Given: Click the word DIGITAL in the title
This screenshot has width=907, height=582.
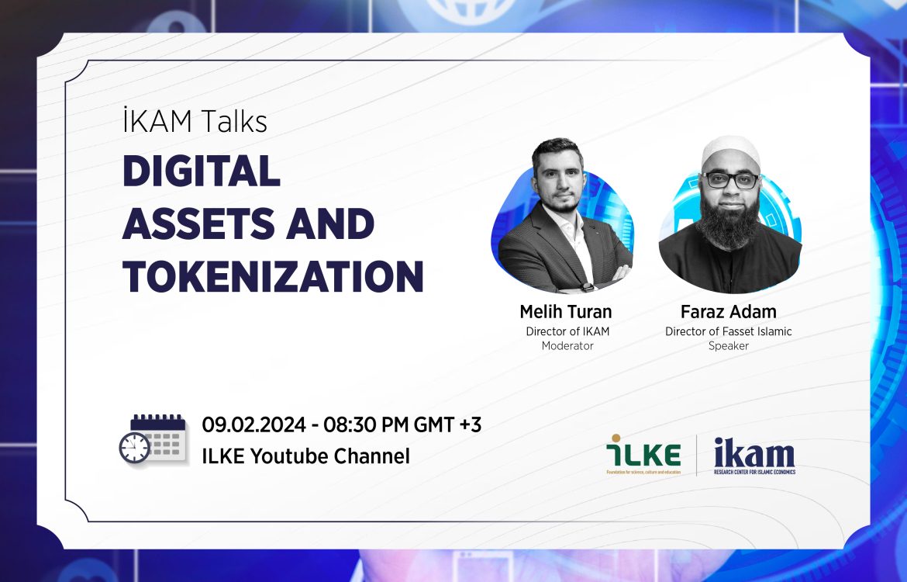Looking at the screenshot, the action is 202,171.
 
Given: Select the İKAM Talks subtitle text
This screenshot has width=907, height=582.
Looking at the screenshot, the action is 195,121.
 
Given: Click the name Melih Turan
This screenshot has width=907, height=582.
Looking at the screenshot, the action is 566,311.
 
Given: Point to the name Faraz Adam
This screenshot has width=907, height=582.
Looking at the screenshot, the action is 728,311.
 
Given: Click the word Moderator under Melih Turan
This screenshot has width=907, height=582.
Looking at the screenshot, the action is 567,346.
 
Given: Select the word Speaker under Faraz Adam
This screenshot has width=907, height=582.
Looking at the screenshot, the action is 728,346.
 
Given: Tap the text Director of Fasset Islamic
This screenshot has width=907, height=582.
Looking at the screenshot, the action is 728,331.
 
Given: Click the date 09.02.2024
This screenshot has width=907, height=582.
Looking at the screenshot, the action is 253,424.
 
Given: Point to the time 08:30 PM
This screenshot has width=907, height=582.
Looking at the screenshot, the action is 366,424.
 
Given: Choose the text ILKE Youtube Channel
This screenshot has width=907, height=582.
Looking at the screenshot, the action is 305,456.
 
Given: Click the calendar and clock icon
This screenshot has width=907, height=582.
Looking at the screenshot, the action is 153,438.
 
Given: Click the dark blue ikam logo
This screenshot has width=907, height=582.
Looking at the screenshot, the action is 754,456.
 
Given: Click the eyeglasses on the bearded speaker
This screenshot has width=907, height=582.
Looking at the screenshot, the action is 730,180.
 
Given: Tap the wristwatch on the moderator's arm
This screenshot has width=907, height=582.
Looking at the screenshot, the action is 587,286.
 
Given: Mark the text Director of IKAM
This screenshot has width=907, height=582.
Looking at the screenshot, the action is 567,331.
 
